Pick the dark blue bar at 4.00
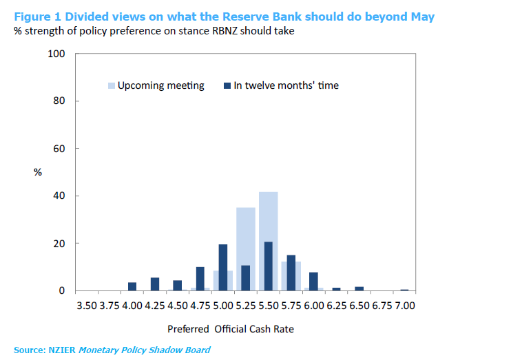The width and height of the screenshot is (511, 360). click(132, 286)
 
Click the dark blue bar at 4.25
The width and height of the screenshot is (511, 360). click(155, 284)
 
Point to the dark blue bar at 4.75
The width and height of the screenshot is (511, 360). click(200, 279)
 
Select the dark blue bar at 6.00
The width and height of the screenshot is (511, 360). click(313, 281)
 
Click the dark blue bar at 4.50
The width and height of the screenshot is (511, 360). click(178, 285)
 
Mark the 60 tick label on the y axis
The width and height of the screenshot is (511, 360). click(59, 149)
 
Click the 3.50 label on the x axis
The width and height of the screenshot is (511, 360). click(87, 305)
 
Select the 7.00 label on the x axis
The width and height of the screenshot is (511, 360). click(404, 305)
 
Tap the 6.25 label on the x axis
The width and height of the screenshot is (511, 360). click(336, 305)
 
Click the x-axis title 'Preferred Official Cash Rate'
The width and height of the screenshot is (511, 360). click(230, 329)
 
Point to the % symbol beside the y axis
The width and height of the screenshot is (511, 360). click(38, 172)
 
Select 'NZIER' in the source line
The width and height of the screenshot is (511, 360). click(61, 350)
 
